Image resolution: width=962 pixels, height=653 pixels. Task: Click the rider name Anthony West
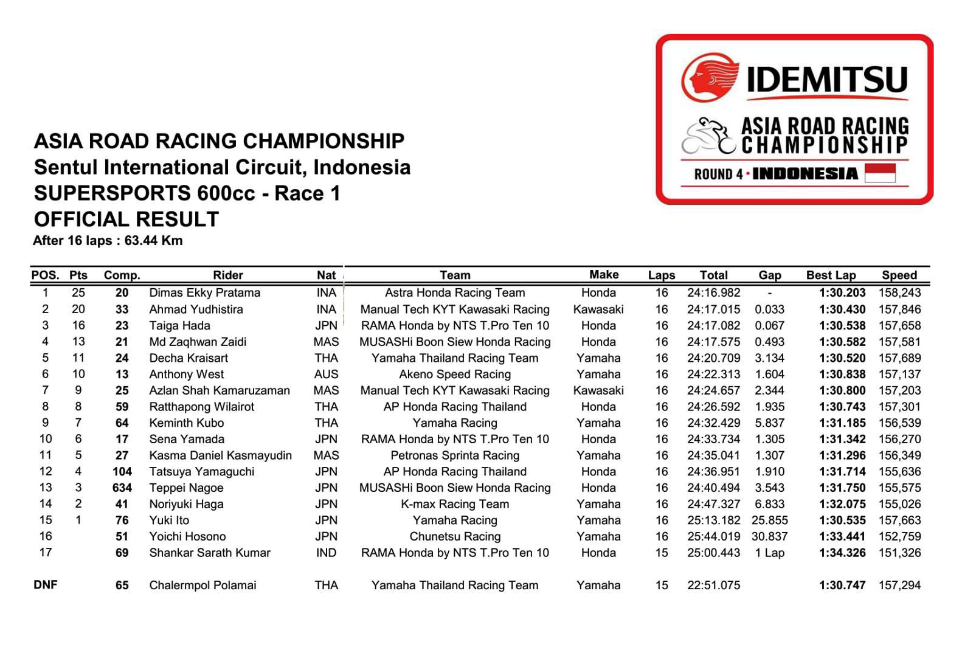click(186, 375)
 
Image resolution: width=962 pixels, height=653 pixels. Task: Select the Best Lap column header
click(831, 275)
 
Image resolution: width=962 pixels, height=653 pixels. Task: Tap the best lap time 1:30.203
click(842, 293)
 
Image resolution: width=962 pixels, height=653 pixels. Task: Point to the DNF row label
click(46, 585)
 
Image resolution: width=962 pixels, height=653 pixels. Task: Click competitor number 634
click(122, 488)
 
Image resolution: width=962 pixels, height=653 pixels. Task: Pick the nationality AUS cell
click(326, 375)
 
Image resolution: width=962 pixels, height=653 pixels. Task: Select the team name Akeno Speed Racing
click(455, 375)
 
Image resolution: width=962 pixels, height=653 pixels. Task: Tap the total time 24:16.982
click(713, 293)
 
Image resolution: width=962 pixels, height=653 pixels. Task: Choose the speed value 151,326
click(899, 553)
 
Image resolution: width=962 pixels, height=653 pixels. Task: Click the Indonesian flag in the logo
click(879, 173)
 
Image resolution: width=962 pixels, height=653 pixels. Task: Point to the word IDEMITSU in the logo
click(826, 80)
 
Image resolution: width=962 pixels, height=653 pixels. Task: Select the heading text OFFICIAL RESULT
click(126, 219)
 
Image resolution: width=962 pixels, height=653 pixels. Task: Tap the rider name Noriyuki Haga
click(186, 504)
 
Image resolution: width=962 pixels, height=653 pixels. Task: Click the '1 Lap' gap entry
click(769, 553)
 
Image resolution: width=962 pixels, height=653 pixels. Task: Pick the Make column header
click(603, 275)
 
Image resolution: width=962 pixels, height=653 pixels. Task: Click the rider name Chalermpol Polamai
click(202, 586)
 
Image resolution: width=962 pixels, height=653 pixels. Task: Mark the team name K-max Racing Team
click(455, 504)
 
